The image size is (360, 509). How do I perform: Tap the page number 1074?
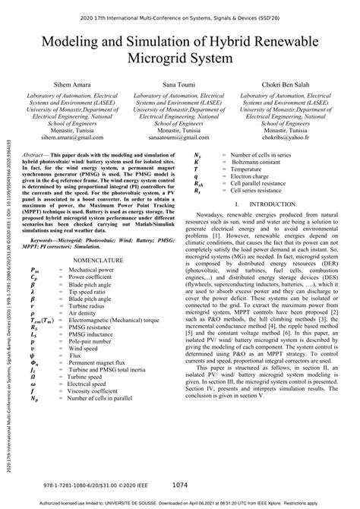pyautogui.click(x=179, y=485)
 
